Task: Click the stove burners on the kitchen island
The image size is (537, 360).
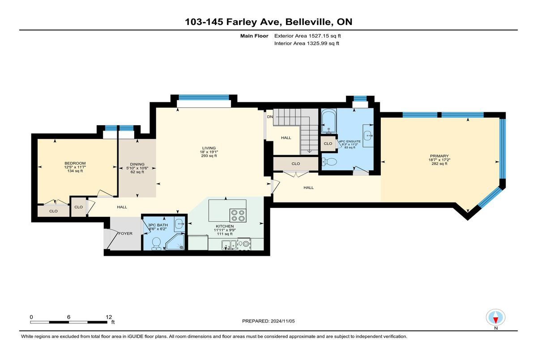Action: [x=238, y=216]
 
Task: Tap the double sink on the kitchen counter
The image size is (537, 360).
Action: [x=229, y=245]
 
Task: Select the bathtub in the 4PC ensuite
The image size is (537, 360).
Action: [x=328, y=121]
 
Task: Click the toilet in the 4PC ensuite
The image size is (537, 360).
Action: [x=329, y=162]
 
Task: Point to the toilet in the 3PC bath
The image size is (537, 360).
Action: [x=156, y=243]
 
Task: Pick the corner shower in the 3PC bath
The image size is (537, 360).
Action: [x=175, y=242]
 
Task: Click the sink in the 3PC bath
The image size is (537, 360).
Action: [x=179, y=224]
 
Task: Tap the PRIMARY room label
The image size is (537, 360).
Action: [x=439, y=156]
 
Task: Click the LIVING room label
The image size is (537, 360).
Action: [x=209, y=148]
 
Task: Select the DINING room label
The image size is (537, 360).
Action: [x=137, y=164]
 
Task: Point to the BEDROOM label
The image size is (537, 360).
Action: [x=75, y=163]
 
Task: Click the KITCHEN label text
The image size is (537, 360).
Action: [x=225, y=226]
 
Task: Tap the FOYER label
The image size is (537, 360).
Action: [x=125, y=233]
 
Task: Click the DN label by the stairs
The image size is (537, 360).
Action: [x=270, y=117]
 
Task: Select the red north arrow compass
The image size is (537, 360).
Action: [x=495, y=318]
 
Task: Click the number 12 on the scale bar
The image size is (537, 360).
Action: [x=109, y=317]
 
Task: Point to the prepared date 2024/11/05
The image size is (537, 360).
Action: [x=283, y=321]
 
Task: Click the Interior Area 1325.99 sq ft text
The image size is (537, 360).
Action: [x=307, y=43]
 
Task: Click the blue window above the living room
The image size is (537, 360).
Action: [x=204, y=97]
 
